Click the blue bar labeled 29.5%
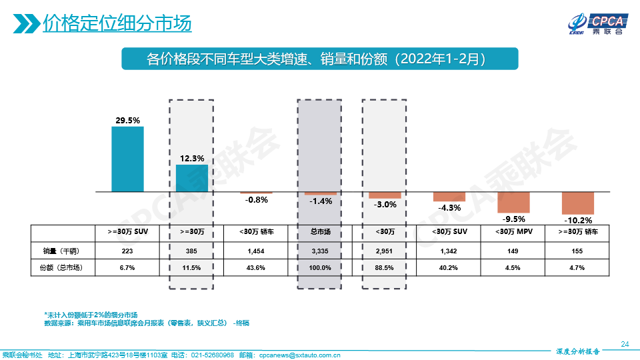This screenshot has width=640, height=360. click(x=127, y=159)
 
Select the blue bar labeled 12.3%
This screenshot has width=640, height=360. click(x=192, y=178)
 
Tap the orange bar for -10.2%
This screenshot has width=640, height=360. click(x=577, y=203)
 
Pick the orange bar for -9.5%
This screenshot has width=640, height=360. click(x=513, y=201)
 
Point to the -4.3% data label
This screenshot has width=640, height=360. click(x=449, y=208)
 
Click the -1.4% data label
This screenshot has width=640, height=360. click(x=321, y=201)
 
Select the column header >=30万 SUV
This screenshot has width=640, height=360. click(x=127, y=233)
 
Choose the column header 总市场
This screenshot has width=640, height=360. click(x=321, y=233)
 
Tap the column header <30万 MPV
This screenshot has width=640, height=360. click(x=513, y=233)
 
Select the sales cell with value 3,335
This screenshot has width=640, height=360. click(x=321, y=251)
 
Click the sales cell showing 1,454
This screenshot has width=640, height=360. click(x=256, y=251)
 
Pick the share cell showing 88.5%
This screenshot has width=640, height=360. click(x=385, y=267)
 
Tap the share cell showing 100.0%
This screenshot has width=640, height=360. click(x=321, y=267)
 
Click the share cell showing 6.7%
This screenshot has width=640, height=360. click(x=127, y=267)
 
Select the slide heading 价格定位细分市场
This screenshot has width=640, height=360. click(x=117, y=24)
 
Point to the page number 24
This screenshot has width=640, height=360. click(x=625, y=344)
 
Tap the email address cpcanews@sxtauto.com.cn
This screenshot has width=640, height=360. click(x=299, y=355)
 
